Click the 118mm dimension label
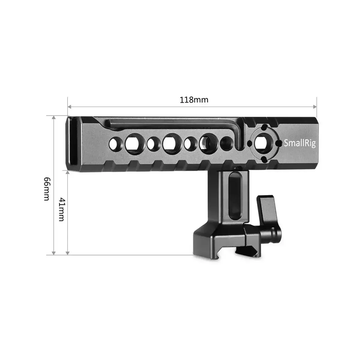194,100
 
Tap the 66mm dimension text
46,188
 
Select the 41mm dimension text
61,209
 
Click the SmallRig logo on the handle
300,143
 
